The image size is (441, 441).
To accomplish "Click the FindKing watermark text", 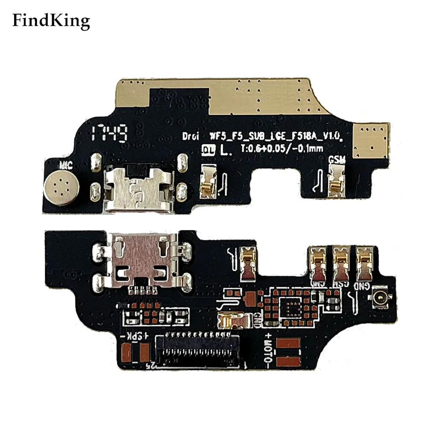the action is tap(51, 20).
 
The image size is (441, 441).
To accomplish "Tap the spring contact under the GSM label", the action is tap(336, 182).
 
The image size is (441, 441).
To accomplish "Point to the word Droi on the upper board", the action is tap(192, 137).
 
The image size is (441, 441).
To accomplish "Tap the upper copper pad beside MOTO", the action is tap(291, 344).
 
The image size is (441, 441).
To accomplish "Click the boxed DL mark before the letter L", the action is tap(208, 150).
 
